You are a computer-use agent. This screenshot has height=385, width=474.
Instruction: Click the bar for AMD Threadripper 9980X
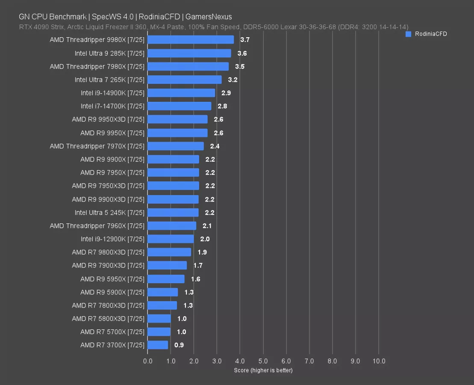click(x=191, y=40)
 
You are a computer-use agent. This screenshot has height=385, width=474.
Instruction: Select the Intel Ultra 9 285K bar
click(x=189, y=53)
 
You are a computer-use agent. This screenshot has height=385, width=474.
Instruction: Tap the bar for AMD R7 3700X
click(x=158, y=345)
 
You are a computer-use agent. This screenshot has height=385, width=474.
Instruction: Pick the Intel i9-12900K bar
click(x=171, y=239)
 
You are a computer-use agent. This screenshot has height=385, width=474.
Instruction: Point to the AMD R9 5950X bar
click(x=166, y=279)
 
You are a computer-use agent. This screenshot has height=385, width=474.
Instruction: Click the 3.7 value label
click(x=245, y=40)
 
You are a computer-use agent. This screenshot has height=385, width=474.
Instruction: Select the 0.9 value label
click(x=180, y=345)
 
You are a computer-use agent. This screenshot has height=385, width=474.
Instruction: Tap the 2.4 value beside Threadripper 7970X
click(x=215, y=146)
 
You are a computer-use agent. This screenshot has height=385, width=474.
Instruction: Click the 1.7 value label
click(x=198, y=265)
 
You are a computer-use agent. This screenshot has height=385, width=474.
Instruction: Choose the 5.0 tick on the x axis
click(x=263, y=361)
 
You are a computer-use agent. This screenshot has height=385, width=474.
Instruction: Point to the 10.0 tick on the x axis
click(x=379, y=361)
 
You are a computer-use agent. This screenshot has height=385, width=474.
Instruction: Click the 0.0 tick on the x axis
click(x=148, y=361)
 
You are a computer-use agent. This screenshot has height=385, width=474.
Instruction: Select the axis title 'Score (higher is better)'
click(x=263, y=370)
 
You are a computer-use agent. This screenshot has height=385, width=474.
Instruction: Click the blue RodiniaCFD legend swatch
click(x=408, y=34)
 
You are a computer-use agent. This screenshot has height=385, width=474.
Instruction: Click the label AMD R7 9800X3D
click(x=108, y=252)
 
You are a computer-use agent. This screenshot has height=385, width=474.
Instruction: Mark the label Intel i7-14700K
click(x=112, y=106)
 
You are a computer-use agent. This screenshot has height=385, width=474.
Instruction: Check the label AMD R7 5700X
click(x=112, y=332)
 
